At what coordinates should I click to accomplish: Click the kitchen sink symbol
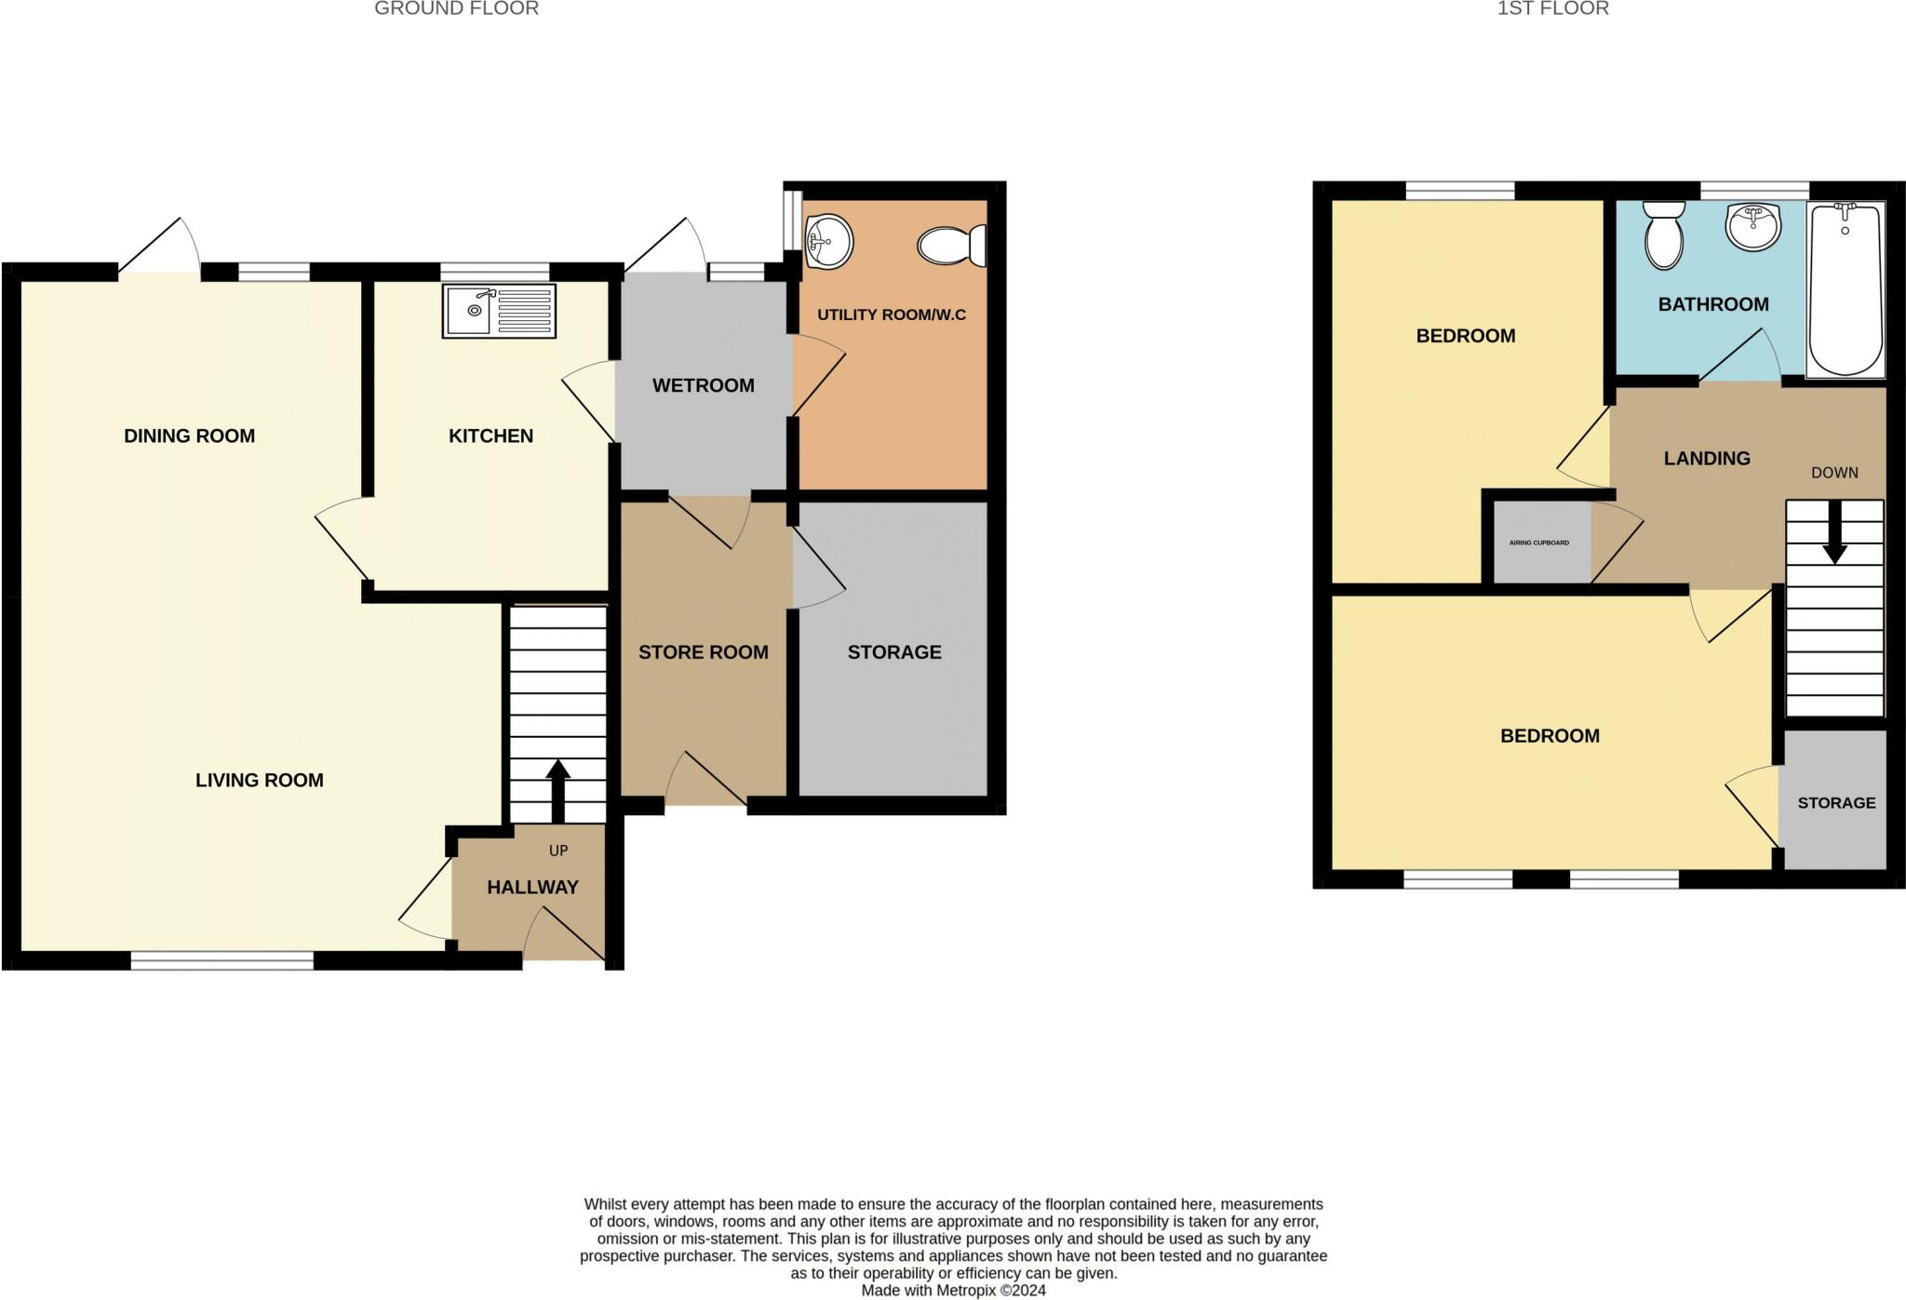click(x=499, y=311)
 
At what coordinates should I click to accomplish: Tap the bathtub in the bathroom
click(x=1846, y=289)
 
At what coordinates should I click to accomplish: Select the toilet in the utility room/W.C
click(x=951, y=246)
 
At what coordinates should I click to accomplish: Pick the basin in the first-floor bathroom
click(x=1752, y=226)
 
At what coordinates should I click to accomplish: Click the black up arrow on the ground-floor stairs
click(x=557, y=790)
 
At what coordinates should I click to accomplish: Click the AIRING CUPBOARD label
click(x=1538, y=543)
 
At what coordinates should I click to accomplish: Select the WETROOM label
click(x=703, y=385)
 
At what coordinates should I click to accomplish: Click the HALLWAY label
click(x=532, y=888)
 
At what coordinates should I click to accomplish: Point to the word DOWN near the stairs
click(x=1833, y=473)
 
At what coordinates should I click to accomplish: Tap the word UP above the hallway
click(x=558, y=851)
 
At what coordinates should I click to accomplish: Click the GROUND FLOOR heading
click(x=456, y=9)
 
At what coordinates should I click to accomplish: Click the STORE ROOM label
click(x=703, y=652)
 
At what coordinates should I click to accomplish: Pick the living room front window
click(x=221, y=960)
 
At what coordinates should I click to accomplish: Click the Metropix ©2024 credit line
click(x=953, y=1291)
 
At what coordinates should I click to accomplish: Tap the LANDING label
click(x=1707, y=458)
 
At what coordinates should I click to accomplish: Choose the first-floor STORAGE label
click(x=1835, y=802)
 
